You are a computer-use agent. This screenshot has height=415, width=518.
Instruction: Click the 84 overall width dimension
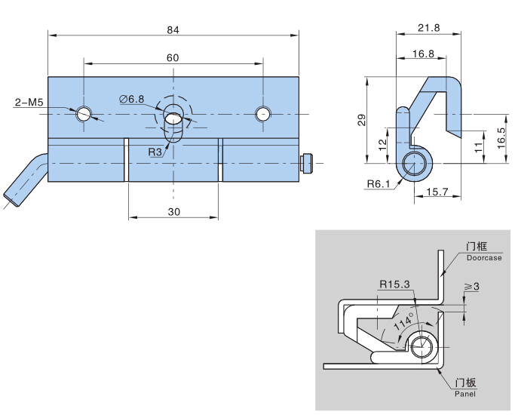pos(173,29)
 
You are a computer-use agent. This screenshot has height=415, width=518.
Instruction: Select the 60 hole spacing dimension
pos(173,58)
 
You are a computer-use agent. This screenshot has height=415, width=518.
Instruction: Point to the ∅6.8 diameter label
pos(131,99)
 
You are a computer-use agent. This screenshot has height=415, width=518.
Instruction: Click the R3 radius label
pos(155,152)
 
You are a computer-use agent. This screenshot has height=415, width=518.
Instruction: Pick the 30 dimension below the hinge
pos(173,212)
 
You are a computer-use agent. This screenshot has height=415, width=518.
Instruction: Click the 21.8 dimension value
pos(428,28)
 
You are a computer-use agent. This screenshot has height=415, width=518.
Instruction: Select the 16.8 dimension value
pos(423,54)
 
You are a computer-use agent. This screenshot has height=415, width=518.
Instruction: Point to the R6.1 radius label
pos(379,184)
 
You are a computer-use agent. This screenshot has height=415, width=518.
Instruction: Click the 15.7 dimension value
pos(437,192)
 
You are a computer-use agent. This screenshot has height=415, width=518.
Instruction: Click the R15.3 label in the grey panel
pos(395,284)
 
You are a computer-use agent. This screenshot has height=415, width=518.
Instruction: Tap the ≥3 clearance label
pos(472,287)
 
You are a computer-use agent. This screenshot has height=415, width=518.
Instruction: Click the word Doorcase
pos(483,258)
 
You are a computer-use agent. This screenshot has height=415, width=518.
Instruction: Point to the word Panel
pos(465,394)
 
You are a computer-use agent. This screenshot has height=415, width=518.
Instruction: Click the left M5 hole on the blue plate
pos(84,114)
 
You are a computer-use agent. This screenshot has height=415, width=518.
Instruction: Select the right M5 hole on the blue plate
pos(262,114)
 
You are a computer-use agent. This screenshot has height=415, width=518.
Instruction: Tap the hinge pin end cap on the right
pos(307,163)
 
